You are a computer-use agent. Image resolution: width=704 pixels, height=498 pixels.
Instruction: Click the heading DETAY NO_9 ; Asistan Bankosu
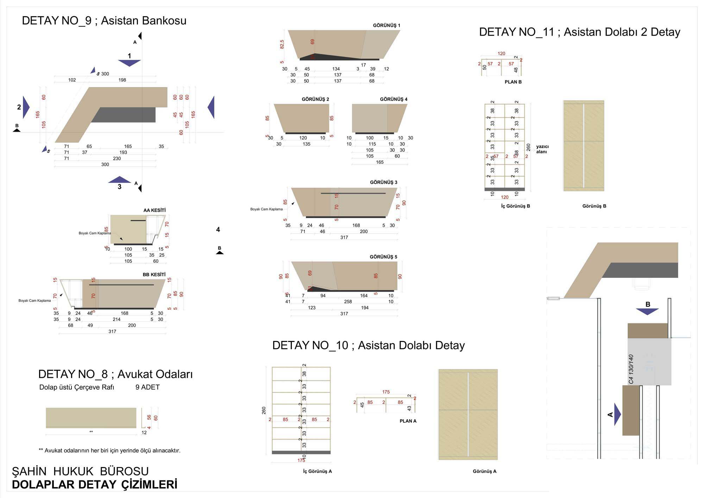(x=104, y=21)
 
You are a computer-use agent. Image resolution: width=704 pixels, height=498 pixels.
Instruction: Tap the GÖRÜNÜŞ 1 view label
(x=386, y=25)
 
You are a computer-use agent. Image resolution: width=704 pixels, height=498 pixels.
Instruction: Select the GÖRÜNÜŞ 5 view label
(x=383, y=257)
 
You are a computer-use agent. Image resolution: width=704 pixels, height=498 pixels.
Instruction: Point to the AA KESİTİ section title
(x=154, y=210)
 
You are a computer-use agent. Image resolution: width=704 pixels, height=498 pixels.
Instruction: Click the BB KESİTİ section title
(x=154, y=274)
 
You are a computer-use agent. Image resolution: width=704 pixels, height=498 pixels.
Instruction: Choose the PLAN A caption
(x=408, y=421)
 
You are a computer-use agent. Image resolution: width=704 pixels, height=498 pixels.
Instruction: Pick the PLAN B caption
(x=513, y=82)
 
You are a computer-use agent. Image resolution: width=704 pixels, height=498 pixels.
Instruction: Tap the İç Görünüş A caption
(x=318, y=471)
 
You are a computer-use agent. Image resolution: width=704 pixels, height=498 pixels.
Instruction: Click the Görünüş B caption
(x=594, y=206)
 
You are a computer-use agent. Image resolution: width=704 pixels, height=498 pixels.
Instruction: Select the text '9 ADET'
(x=147, y=387)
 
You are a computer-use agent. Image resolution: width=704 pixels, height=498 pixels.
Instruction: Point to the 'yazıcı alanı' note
(x=542, y=149)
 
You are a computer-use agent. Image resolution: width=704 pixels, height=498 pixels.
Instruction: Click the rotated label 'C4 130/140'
(x=631, y=369)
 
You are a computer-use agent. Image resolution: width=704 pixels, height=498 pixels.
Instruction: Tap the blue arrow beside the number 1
(x=129, y=63)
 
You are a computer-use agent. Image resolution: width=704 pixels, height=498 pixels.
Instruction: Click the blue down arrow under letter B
(x=647, y=311)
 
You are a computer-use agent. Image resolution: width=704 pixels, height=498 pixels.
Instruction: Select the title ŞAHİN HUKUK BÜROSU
(x=80, y=471)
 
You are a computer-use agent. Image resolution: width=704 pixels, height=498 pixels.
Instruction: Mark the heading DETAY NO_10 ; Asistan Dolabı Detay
(x=369, y=346)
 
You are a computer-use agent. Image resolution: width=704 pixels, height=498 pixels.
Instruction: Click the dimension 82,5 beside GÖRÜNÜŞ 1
(x=282, y=44)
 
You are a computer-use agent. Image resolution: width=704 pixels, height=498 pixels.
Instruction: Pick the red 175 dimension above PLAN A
(x=386, y=392)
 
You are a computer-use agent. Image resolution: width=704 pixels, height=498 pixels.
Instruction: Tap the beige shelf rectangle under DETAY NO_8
(x=91, y=418)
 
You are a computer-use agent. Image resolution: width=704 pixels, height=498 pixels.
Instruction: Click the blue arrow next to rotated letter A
(x=617, y=414)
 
